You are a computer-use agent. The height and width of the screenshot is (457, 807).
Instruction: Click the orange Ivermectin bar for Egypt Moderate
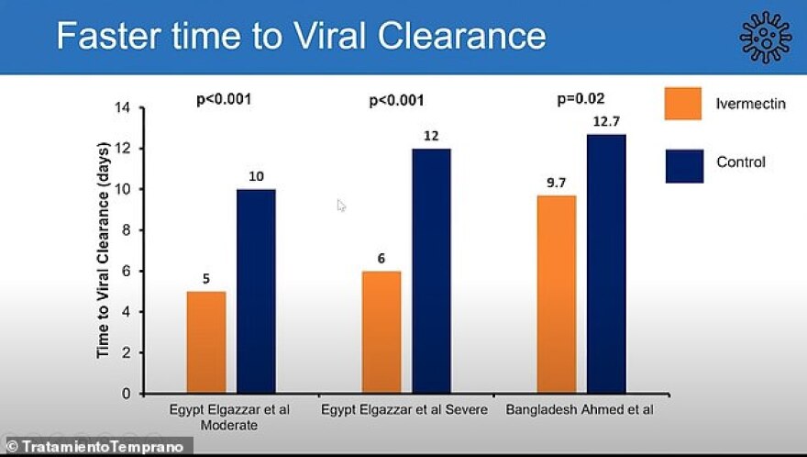coord(205,341)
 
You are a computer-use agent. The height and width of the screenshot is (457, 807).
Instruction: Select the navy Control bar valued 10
coord(256,291)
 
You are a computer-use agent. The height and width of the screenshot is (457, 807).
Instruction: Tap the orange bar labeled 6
coord(381,331)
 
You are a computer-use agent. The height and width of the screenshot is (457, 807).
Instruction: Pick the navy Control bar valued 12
coord(431,271)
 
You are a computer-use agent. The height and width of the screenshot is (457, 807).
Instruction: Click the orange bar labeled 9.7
coord(557,294)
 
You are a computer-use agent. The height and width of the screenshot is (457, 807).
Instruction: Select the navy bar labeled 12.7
coord(606,263)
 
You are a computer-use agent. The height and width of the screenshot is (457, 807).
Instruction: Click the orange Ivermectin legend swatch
coord(682,103)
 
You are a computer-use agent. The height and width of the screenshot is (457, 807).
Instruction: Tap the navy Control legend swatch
coord(682,165)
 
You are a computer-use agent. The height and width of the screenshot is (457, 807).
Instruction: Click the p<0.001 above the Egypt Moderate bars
coord(225,99)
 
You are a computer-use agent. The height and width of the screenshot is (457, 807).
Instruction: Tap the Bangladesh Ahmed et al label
coord(580,409)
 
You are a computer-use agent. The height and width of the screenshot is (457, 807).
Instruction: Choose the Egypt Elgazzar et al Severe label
coord(403,409)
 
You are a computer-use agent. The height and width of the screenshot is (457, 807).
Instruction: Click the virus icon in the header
coord(765,37)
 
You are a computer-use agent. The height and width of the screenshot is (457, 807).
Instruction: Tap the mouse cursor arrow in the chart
coord(341,206)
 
